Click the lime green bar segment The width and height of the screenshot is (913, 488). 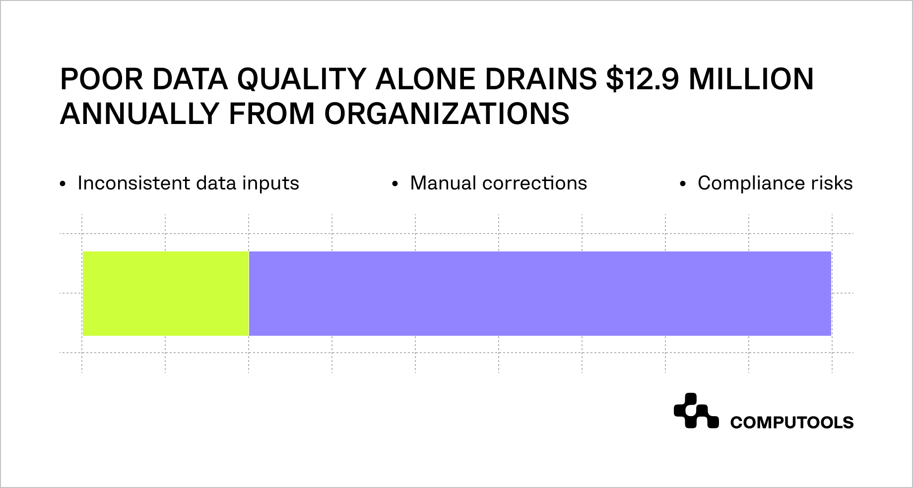166,294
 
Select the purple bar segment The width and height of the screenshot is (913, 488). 540,294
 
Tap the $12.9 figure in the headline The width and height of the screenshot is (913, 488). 642,79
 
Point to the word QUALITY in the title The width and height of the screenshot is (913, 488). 302,79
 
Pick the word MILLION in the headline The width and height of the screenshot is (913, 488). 751,79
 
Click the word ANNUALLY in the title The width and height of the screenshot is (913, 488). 140,114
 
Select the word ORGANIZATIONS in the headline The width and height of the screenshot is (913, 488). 447,114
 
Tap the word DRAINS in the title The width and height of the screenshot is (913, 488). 541,79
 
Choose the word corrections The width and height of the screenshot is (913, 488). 534,183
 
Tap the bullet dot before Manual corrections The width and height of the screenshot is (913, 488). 395,184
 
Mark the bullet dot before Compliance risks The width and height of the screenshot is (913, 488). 683,184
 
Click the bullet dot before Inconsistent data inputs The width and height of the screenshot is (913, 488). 63,184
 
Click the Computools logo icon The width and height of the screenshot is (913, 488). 696,411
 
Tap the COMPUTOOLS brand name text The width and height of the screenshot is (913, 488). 791,423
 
